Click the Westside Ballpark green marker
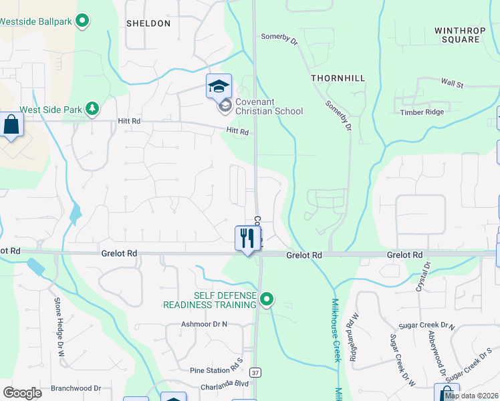tap(82, 21)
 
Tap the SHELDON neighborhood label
tap(148, 23)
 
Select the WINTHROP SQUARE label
tap(457, 35)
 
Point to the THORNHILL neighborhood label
tap(338, 78)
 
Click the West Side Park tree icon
tap(92, 108)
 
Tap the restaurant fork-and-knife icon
tap(247, 238)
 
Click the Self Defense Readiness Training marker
tap(267, 299)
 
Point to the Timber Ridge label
tap(420, 112)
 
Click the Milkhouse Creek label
tap(336, 331)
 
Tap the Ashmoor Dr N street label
tap(205, 324)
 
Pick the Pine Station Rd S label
tap(215, 370)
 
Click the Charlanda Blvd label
tap(225, 384)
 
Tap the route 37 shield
tap(255, 371)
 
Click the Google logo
tap(22, 393)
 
